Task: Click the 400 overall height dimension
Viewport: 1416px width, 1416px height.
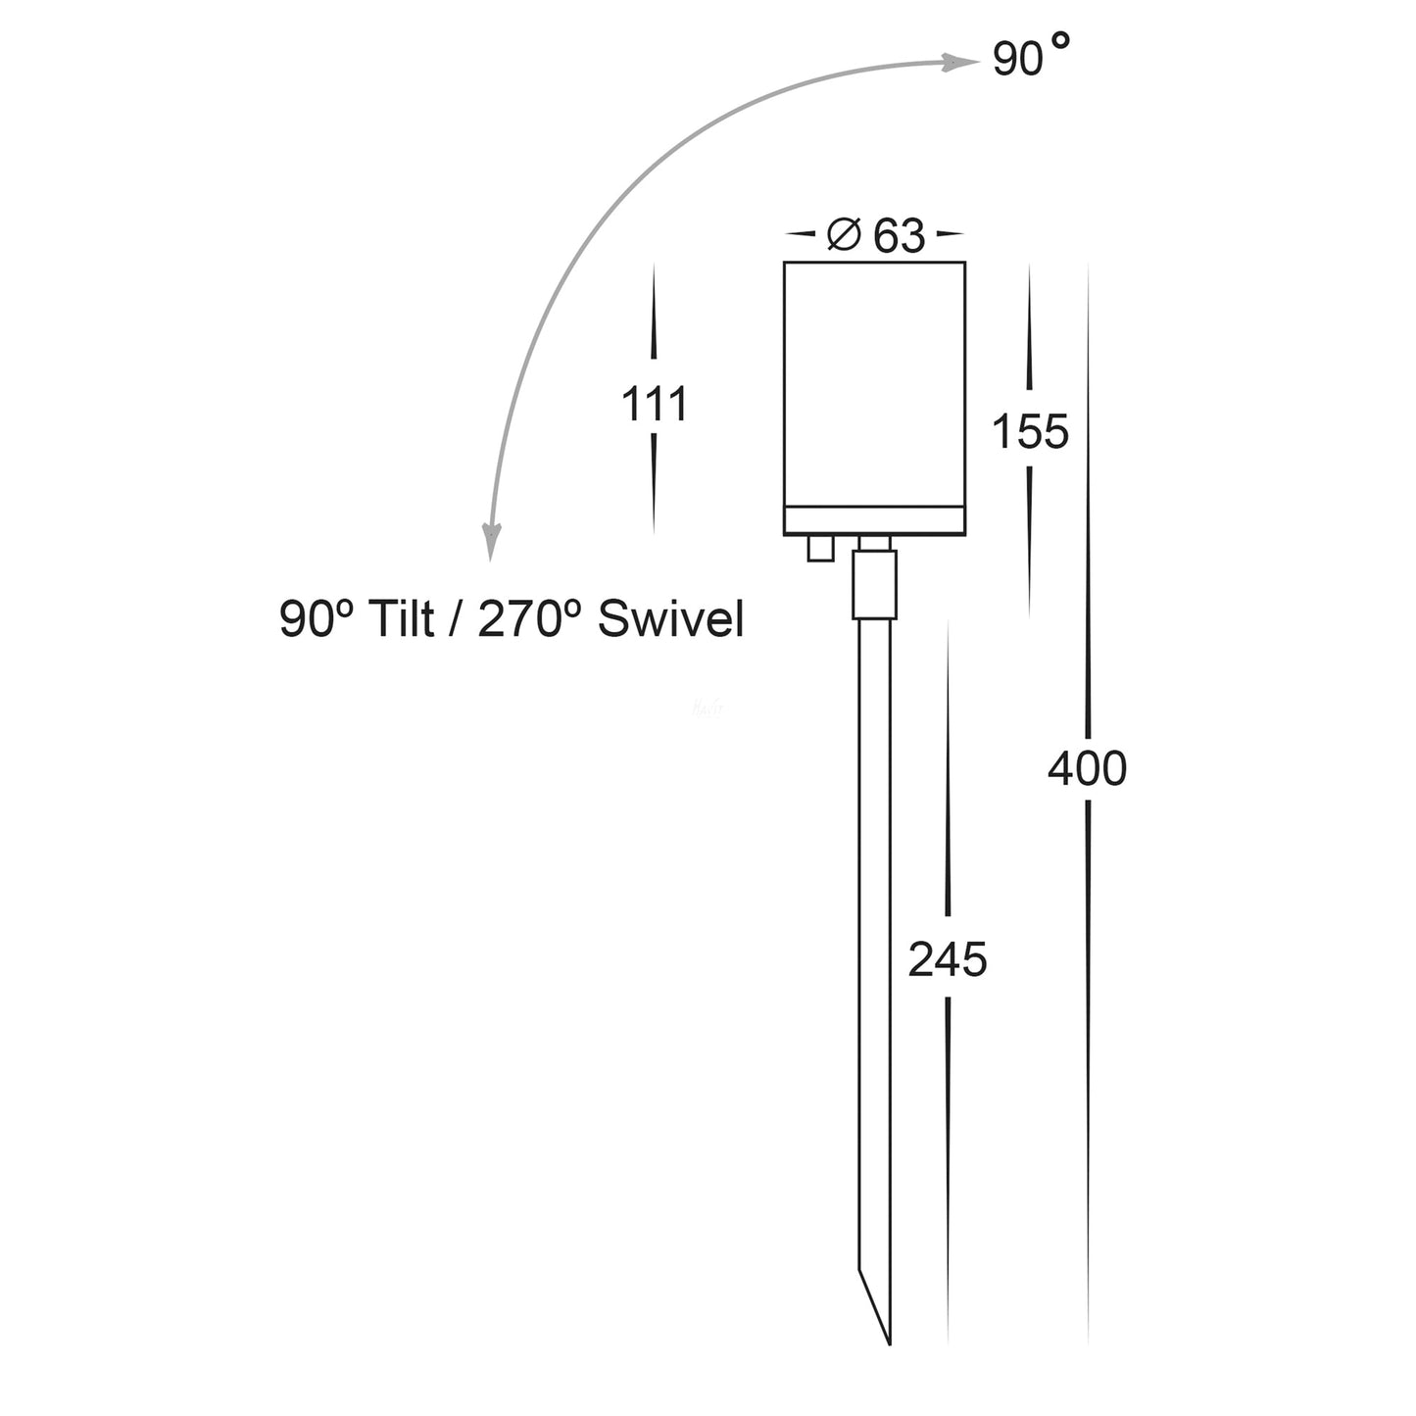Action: pyautogui.click(x=1087, y=769)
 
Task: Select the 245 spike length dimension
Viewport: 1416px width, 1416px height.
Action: pyautogui.click(x=947, y=959)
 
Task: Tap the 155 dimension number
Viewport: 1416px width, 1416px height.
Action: pyautogui.click(x=1030, y=432)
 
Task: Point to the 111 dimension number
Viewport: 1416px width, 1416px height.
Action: pyautogui.click(x=655, y=404)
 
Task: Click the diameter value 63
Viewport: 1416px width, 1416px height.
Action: pyautogui.click(x=899, y=236)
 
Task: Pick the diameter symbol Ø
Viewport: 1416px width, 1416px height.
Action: pyautogui.click(x=844, y=235)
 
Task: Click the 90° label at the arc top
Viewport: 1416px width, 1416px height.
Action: pyautogui.click(x=1029, y=59)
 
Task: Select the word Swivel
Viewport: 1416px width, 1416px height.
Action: pyautogui.click(x=670, y=619)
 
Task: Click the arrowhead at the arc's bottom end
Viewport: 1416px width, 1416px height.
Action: pyautogui.click(x=491, y=543)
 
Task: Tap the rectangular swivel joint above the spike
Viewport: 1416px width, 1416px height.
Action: pyautogui.click(x=874, y=585)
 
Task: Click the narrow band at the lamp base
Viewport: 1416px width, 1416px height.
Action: pyautogui.click(x=874, y=520)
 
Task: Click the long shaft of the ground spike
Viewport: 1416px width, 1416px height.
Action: pyautogui.click(x=874, y=931)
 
